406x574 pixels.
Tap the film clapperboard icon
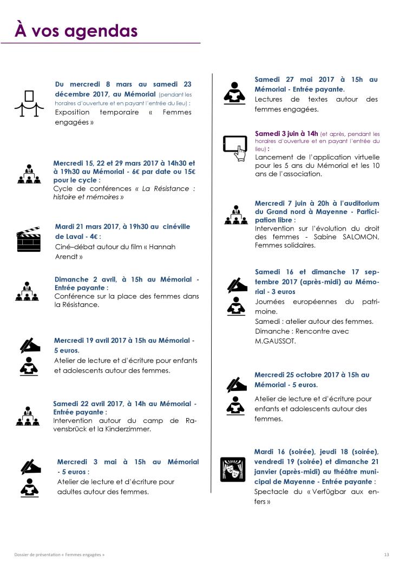tap(29, 239)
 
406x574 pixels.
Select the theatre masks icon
tap(233, 469)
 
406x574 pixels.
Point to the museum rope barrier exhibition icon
tap(29, 103)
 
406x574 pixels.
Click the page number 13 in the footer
tap(387, 555)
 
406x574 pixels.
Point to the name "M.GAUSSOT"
tap(275, 341)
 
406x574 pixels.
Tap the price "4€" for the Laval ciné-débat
tap(94, 237)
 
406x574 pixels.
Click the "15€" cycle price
tap(189, 171)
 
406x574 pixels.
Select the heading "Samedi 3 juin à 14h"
tap(286, 133)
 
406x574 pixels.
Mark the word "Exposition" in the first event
tap(73, 113)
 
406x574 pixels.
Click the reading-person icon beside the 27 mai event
tap(234, 93)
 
